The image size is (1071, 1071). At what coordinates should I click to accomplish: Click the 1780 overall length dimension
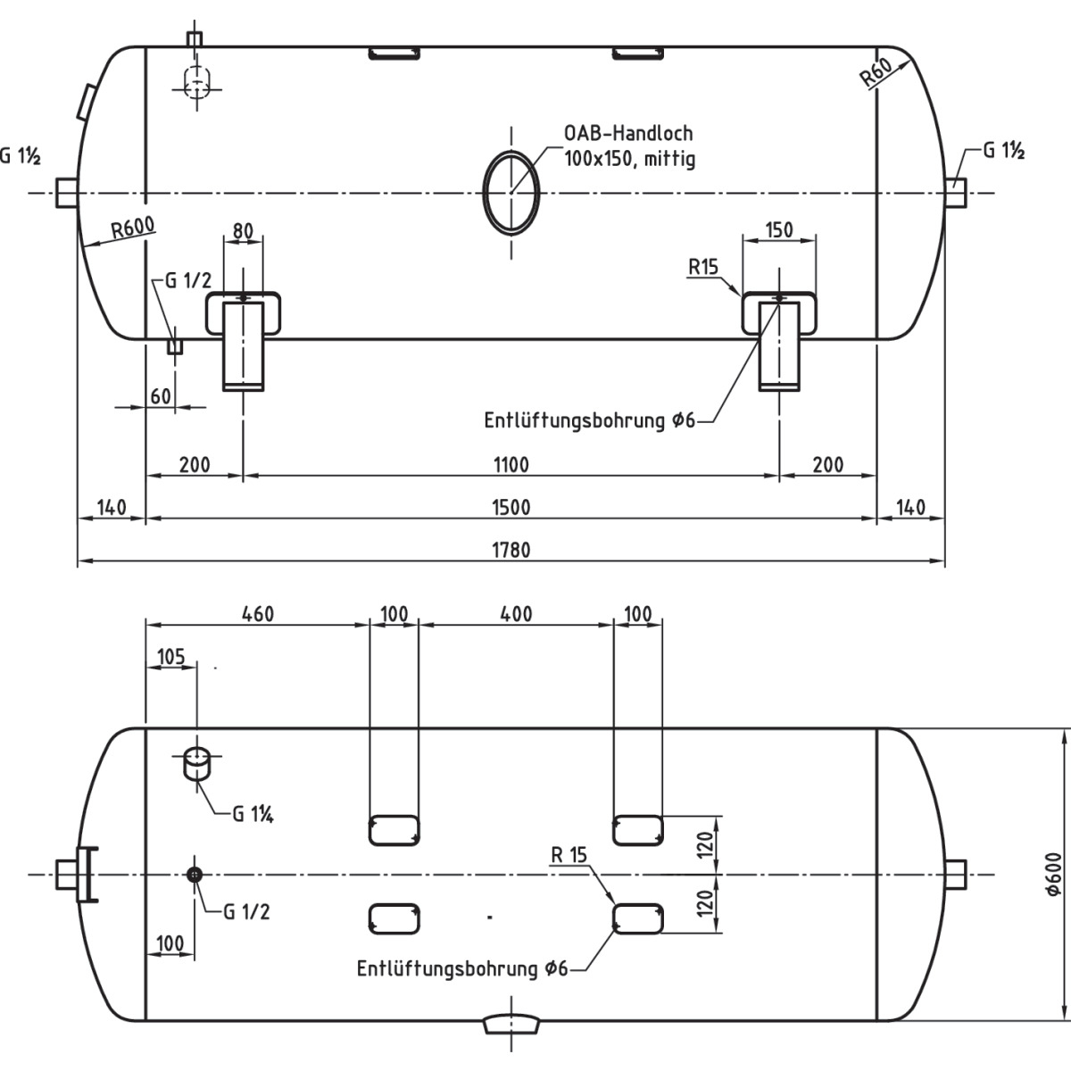pyautogui.click(x=511, y=550)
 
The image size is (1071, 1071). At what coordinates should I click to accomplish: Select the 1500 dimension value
pyautogui.click(x=511, y=507)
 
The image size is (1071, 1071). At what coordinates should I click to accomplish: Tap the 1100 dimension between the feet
pyautogui.click(x=511, y=464)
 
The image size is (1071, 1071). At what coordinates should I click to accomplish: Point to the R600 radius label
pyautogui.click(x=133, y=228)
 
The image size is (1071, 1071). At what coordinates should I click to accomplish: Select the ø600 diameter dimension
pyautogui.click(x=1053, y=875)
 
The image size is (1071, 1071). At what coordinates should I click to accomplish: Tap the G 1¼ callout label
pyautogui.click(x=252, y=814)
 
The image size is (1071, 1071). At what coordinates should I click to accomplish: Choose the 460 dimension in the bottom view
pyautogui.click(x=256, y=614)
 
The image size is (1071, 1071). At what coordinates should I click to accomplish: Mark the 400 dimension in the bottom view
pyautogui.click(x=515, y=614)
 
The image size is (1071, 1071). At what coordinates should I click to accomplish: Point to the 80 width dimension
pyautogui.click(x=242, y=230)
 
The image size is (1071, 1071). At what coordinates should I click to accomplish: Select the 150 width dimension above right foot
pyautogui.click(x=779, y=230)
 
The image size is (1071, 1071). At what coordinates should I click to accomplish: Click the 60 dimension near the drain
pyautogui.click(x=161, y=395)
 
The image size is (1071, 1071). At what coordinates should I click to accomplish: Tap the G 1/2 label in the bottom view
pyautogui.click(x=245, y=911)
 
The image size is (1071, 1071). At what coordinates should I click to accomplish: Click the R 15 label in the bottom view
pyautogui.click(x=569, y=855)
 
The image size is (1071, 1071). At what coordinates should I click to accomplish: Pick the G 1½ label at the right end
pyautogui.click(x=1003, y=151)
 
